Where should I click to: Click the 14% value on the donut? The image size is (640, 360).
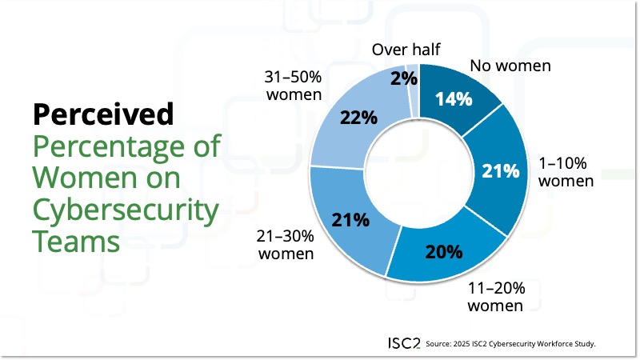click(x=454, y=99)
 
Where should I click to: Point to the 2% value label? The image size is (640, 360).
click(x=402, y=78)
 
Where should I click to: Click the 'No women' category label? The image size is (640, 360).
click(x=510, y=66)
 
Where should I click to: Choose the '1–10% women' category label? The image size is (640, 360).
click(x=566, y=172)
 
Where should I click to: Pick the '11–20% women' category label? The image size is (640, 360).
click(x=496, y=297)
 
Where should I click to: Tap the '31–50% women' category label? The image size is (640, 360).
click(x=293, y=86)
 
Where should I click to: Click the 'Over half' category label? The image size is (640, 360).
click(x=405, y=50)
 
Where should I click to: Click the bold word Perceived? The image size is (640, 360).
click(x=103, y=114)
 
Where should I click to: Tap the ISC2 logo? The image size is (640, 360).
click(x=399, y=342)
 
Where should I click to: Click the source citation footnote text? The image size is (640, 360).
click(x=512, y=343)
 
